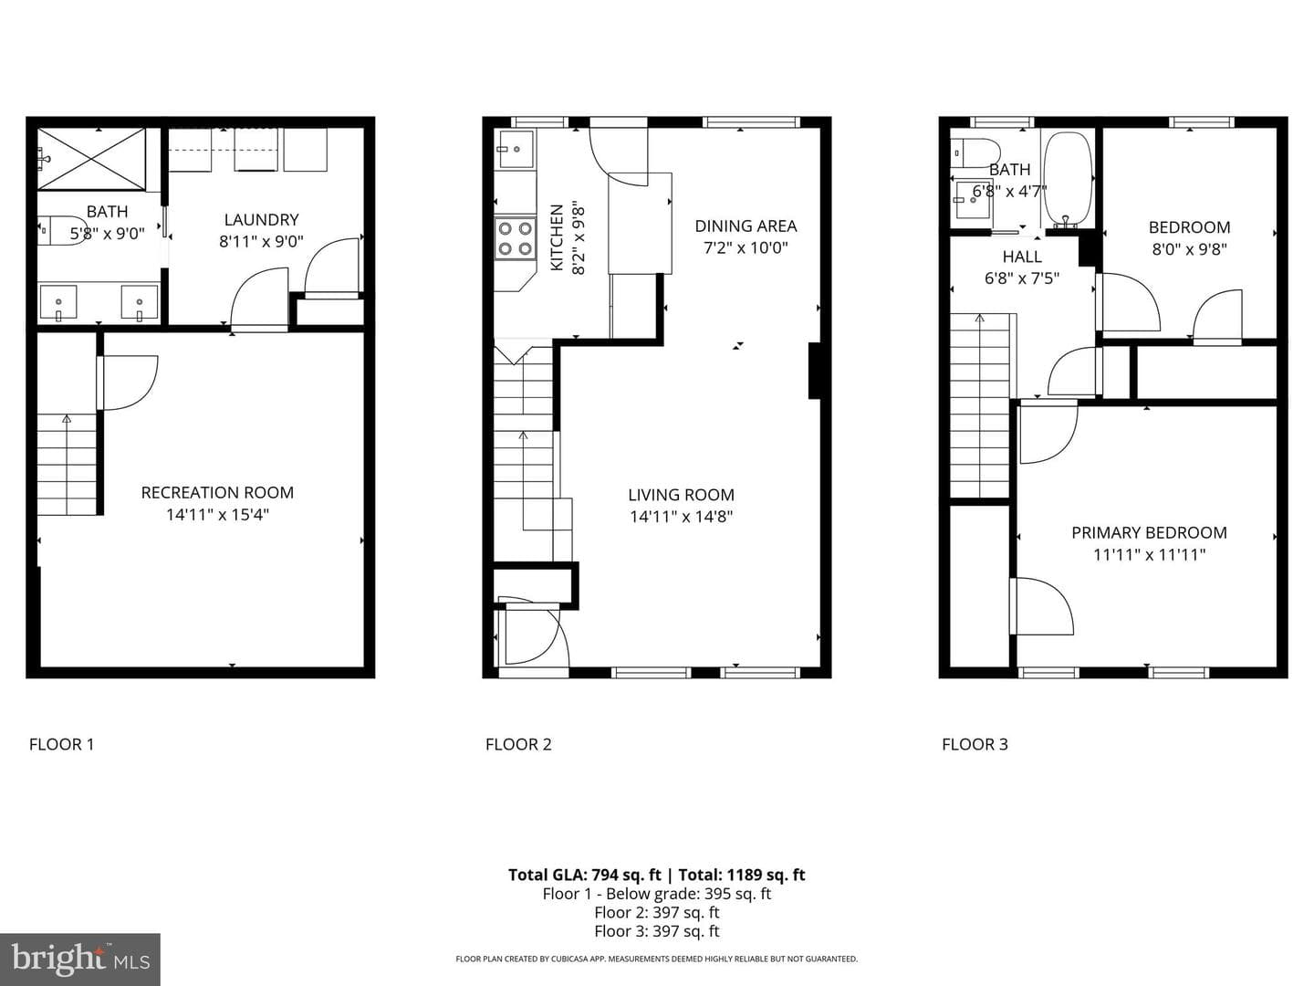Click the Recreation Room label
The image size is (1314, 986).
pos(217,493)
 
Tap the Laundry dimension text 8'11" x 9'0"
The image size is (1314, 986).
pos(262,241)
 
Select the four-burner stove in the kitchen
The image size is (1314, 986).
pos(515,239)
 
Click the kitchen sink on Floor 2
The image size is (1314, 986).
pos(515,150)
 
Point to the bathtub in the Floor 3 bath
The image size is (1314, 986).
pos(1068,179)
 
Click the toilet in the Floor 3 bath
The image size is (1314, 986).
pos(973,153)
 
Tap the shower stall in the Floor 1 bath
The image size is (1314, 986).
pos(91,159)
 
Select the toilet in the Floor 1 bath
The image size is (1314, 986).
pos(62,230)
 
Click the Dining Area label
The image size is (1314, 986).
pos(746,226)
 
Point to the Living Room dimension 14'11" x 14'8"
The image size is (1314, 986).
pos(682,517)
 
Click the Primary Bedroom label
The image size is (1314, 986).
pos(1149,533)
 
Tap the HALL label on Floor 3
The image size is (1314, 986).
pos(1022,257)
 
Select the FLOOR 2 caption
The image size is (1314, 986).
pos(518,744)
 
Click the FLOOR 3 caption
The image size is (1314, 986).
pos(975,744)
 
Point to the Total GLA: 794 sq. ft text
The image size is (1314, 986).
pos(584,875)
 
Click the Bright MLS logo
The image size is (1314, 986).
pos(80,959)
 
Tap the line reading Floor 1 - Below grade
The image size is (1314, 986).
pos(657,894)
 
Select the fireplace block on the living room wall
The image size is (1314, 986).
pos(815,371)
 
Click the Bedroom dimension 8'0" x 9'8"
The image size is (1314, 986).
pos(1190,249)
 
